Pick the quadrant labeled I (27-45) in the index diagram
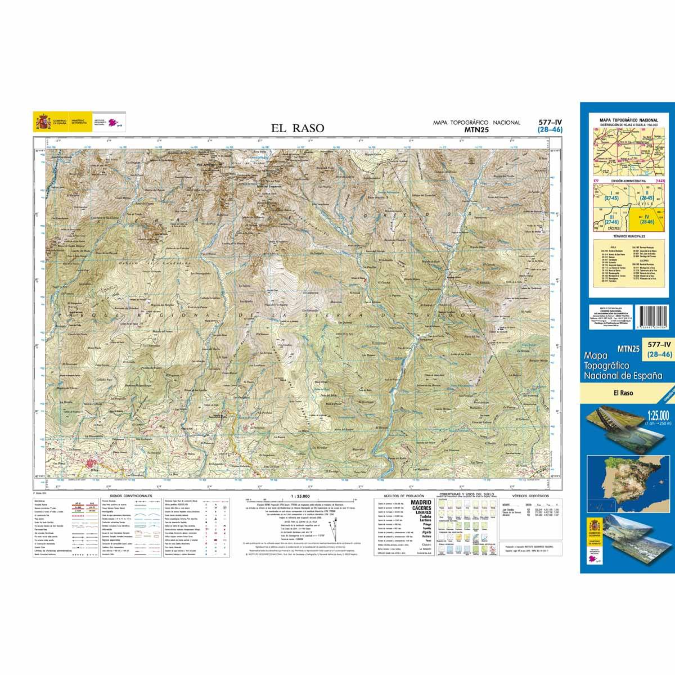pyautogui.click(x=608, y=195)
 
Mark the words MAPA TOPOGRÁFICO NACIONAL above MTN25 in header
pyautogui.click(x=476, y=122)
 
